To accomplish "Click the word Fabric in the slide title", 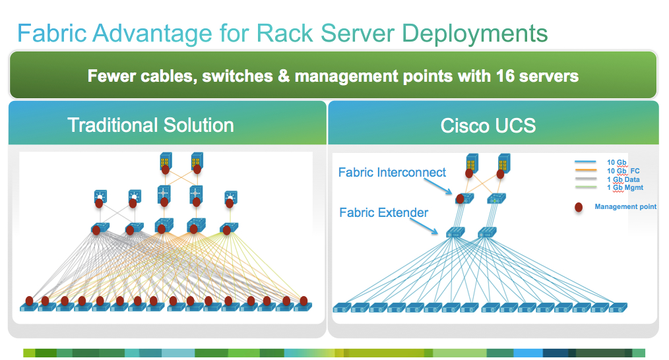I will pos(53,33).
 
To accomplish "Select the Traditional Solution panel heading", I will pos(150,125).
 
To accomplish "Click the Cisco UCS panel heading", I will pos(488,126).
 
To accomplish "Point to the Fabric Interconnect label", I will pos(392,173).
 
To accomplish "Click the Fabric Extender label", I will pos(383,212).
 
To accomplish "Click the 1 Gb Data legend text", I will pos(623,179).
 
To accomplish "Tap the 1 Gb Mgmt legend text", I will pos(624,188).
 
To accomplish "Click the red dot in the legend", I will pos(579,208).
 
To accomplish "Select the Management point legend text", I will pos(625,207).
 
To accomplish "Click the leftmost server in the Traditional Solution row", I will pos(28,307).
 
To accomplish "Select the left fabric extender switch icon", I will pos(455,232).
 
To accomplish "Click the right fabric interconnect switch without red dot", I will pos(495,198).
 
